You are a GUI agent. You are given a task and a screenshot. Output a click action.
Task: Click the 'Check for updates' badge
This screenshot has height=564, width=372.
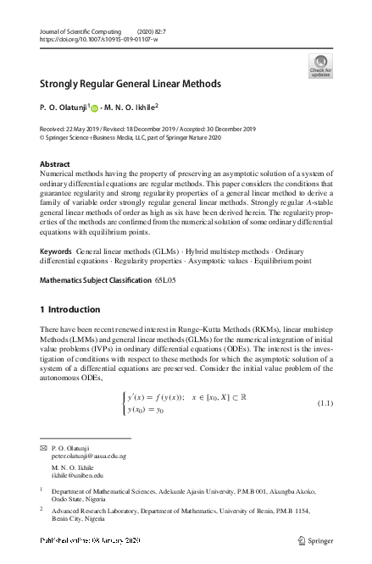(x=321, y=64)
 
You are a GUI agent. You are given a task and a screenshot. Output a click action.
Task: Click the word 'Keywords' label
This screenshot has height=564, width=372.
(x=56, y=252)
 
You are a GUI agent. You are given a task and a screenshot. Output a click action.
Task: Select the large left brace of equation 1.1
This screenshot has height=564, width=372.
(x=125, y=402)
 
